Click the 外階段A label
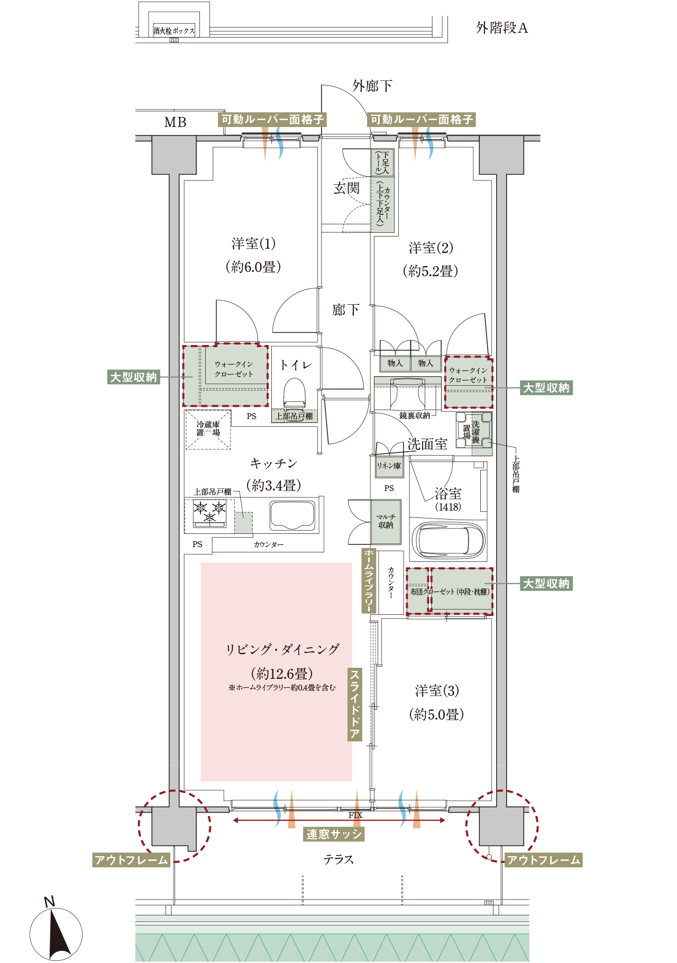pos(501,28)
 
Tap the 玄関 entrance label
pos(346,188)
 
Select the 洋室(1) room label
pos(253,244)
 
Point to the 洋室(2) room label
pos(431,248)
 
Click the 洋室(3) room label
pos(437,691)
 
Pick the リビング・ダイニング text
pos(282,650)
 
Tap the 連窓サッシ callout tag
pos(334,834)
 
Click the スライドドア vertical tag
pos(354,704)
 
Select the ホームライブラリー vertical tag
pos(369,580)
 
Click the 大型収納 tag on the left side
pos(133,377)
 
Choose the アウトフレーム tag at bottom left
pos(131,860)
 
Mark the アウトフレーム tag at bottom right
pos(544,860)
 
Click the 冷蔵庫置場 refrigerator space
pos(208,429)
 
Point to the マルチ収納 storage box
pos(386,522)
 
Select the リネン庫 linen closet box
pos(389,466)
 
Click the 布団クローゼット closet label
pos(450,592)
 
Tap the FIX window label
pos(355,815)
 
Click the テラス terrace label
pos(338,859)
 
